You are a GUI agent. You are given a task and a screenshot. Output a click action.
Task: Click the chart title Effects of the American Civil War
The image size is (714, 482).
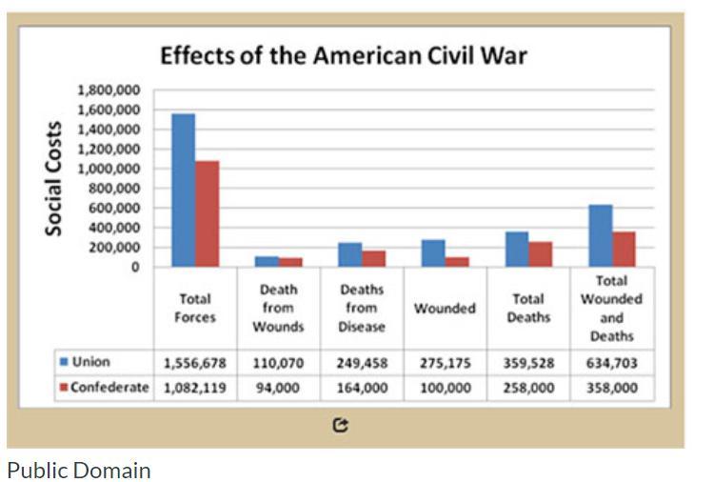(343, 54)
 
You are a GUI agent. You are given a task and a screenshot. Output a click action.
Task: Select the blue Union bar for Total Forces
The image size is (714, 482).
(183, 191)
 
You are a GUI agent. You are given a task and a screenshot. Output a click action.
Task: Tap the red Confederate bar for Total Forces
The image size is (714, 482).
(208, 213)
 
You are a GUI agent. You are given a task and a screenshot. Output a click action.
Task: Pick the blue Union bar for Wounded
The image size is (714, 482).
(433, 253)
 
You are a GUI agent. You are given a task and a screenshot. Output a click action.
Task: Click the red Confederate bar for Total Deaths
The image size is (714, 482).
(541, 254)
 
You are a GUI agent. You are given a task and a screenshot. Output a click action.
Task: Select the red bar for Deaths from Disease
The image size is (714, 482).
(374, 258)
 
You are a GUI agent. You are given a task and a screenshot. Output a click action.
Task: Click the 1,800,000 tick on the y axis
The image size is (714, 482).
(114, 90)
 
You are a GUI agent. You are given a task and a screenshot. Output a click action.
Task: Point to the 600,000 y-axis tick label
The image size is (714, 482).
(118, 208)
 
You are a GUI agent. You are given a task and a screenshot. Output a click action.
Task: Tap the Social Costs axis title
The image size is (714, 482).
(54, 178)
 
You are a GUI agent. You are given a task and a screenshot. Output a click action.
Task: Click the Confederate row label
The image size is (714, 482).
(103, 388)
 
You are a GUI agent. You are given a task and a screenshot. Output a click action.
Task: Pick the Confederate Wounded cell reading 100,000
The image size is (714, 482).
(445, 389)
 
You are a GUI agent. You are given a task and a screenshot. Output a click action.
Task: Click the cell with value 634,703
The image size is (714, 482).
(612, 363)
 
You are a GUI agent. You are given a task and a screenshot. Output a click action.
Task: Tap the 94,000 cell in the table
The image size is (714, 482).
(278, 389)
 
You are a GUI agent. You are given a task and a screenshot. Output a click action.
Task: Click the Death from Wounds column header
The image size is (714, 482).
(278, 308)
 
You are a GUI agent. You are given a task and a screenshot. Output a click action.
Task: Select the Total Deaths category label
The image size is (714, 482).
(528, 308)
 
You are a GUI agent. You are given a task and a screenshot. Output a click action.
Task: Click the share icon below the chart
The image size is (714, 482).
(341, 426)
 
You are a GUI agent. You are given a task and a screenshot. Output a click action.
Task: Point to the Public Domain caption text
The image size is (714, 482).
(78, 470)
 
